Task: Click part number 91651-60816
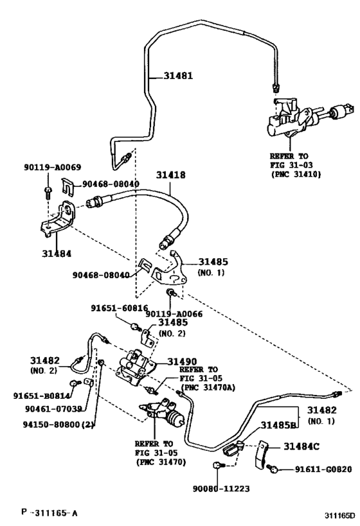(116, 308)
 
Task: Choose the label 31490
(182, 362)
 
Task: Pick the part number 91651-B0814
(40, 396)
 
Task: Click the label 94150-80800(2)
(47, 424)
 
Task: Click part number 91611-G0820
(323, 469)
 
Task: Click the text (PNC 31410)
(296, 173)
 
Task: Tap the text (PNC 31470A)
(208, 387)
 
